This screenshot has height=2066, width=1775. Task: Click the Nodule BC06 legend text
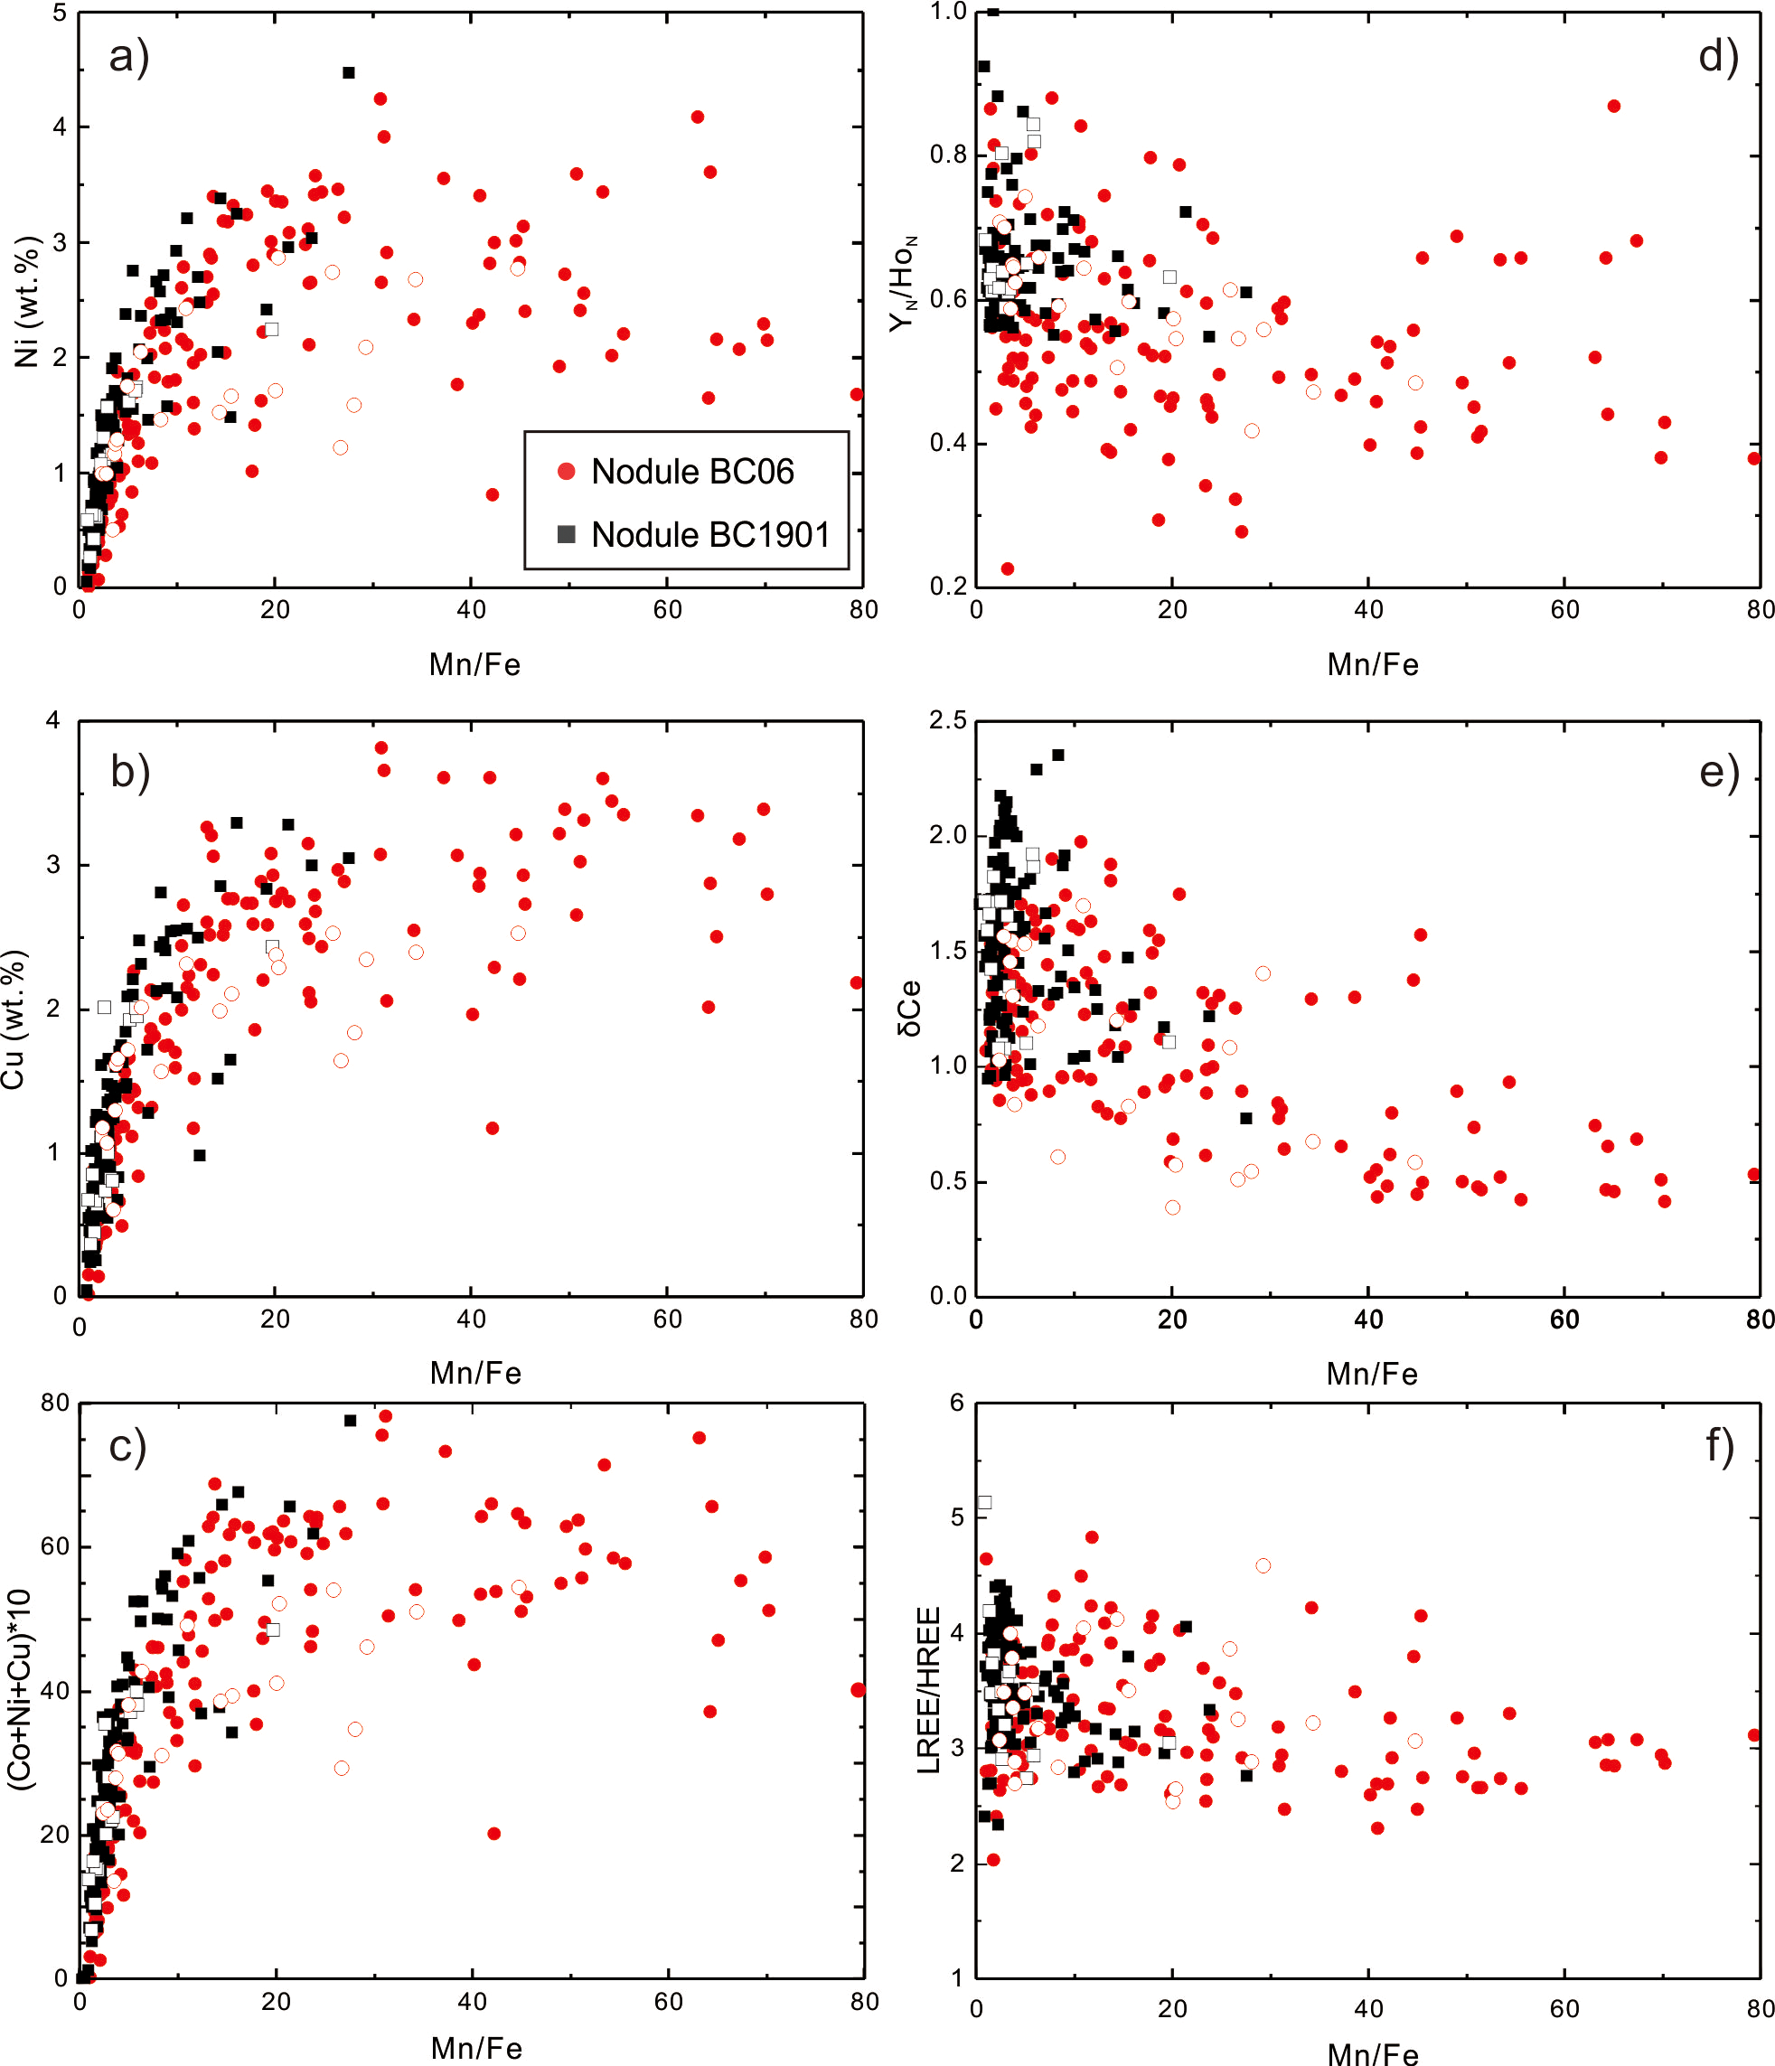click(x=692, y=472)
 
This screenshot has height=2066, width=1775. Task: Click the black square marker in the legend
click(x=567, y=534)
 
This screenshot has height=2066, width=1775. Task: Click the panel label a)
click(x=129, y=57)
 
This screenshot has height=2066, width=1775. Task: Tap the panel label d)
click(x=1718, y=57)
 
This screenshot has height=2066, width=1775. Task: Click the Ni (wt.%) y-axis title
click(x=27, y=301)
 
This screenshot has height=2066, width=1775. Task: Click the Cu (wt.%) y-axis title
click(x=14, y=1020)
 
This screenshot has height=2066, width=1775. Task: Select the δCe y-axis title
click(x=910, y=1010)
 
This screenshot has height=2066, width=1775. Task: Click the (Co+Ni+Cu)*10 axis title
click(x=21, y=1690)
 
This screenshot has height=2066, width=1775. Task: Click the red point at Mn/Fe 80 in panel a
click(x=857, y=395)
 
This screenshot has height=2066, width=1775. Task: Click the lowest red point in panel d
click(x=1007, y=569)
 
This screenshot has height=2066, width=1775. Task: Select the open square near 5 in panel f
click(x=984, y=1503)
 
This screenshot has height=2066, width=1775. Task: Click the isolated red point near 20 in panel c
click(x=493, y=1834)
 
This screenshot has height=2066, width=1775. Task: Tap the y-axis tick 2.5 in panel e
click(x=947, y=721)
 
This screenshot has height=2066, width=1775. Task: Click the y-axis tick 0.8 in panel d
click(x=948, y=155)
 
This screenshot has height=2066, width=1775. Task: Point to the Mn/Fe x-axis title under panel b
click(x=475, y=1373)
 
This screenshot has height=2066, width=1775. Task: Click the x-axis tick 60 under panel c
click(x=668, y=2001)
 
